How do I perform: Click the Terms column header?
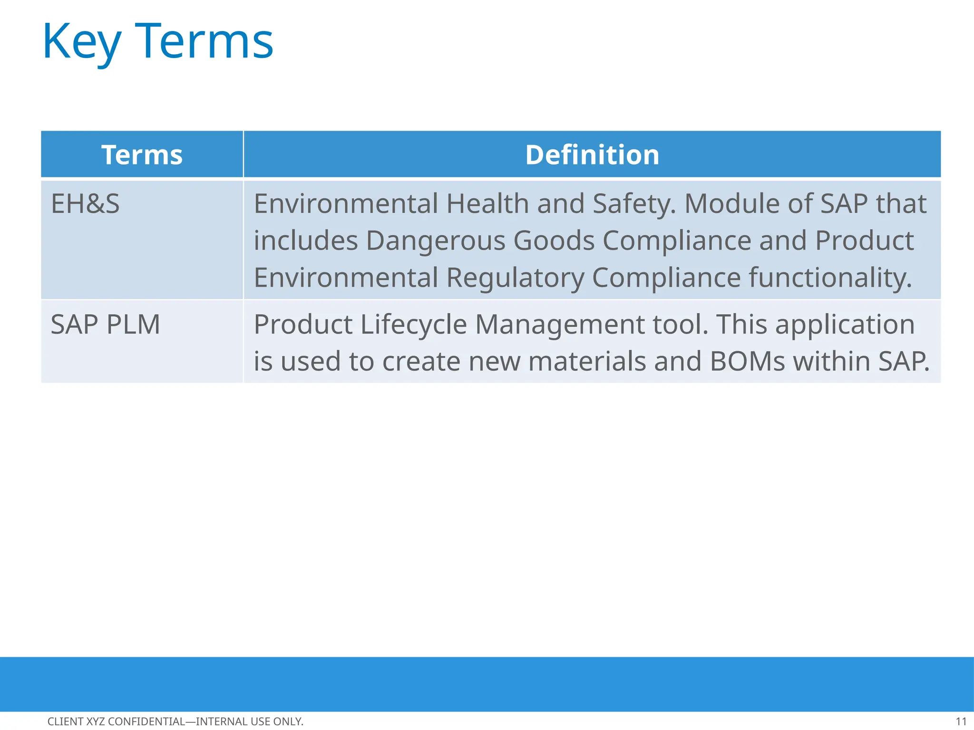142,155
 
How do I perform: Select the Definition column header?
592,155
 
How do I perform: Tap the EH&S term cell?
86,204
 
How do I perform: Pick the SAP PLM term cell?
106,325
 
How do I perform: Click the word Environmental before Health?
345,204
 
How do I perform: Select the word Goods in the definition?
554,241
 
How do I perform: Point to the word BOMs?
747,362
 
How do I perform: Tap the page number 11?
961,721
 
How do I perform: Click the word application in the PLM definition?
845,325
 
